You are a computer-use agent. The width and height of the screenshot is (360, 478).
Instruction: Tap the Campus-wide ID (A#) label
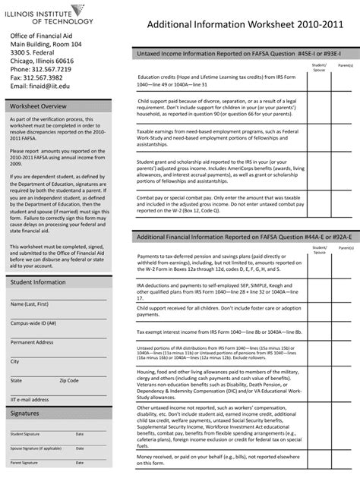(33, 322)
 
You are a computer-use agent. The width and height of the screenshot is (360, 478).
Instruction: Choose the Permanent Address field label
(32, 342)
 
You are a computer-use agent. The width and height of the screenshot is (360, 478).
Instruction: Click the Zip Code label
(69, 380)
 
